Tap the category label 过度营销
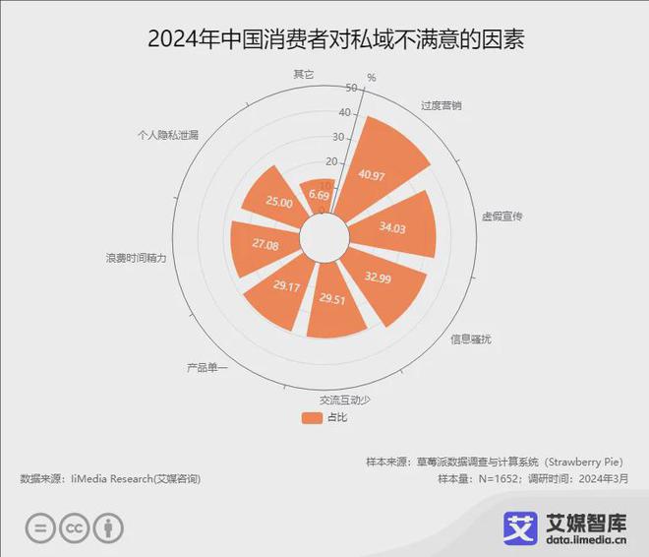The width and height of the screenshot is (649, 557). (441, 104)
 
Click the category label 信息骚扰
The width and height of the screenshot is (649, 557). (471, 340)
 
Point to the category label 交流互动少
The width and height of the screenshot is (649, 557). (345, 400)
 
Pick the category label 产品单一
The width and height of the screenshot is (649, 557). (206, 368)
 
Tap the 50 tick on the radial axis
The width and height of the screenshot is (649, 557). (352, 88)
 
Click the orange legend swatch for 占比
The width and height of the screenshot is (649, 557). (312, 417)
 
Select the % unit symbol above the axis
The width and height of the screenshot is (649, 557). (372, 77)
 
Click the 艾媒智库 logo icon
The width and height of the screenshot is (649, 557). (521, 527)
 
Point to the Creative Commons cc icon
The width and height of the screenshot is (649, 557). (74, 527)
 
